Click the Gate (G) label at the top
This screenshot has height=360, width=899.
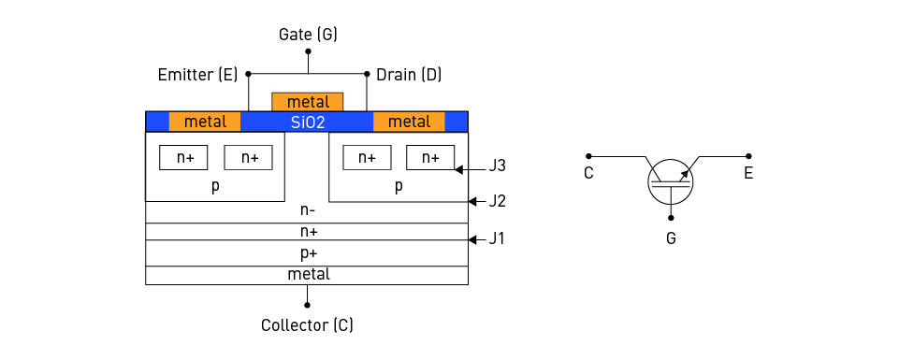308,35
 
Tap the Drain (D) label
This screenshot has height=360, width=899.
409,73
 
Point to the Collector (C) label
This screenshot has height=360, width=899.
307,325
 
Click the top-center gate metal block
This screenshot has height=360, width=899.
308,102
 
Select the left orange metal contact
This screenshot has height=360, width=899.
205,122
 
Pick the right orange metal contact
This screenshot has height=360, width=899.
409,122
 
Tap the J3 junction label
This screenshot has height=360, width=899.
498,166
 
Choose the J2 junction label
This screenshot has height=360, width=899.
498,201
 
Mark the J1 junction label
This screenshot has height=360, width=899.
498,238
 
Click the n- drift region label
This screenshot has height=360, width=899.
308,211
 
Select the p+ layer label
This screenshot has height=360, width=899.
308,252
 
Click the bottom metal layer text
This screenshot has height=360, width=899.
308,274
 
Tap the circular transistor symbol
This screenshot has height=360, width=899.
671,178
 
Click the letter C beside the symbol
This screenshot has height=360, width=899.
588,173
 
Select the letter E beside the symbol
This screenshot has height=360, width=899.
748,173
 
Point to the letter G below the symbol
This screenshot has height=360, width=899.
671,238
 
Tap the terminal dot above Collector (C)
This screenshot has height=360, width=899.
307,304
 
